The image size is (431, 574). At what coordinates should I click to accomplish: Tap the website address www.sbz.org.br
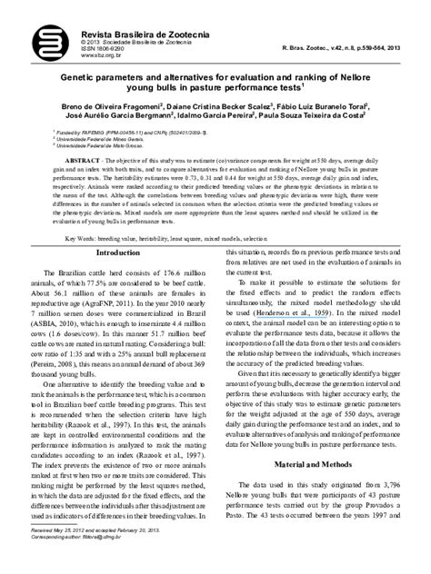[74, 54]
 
